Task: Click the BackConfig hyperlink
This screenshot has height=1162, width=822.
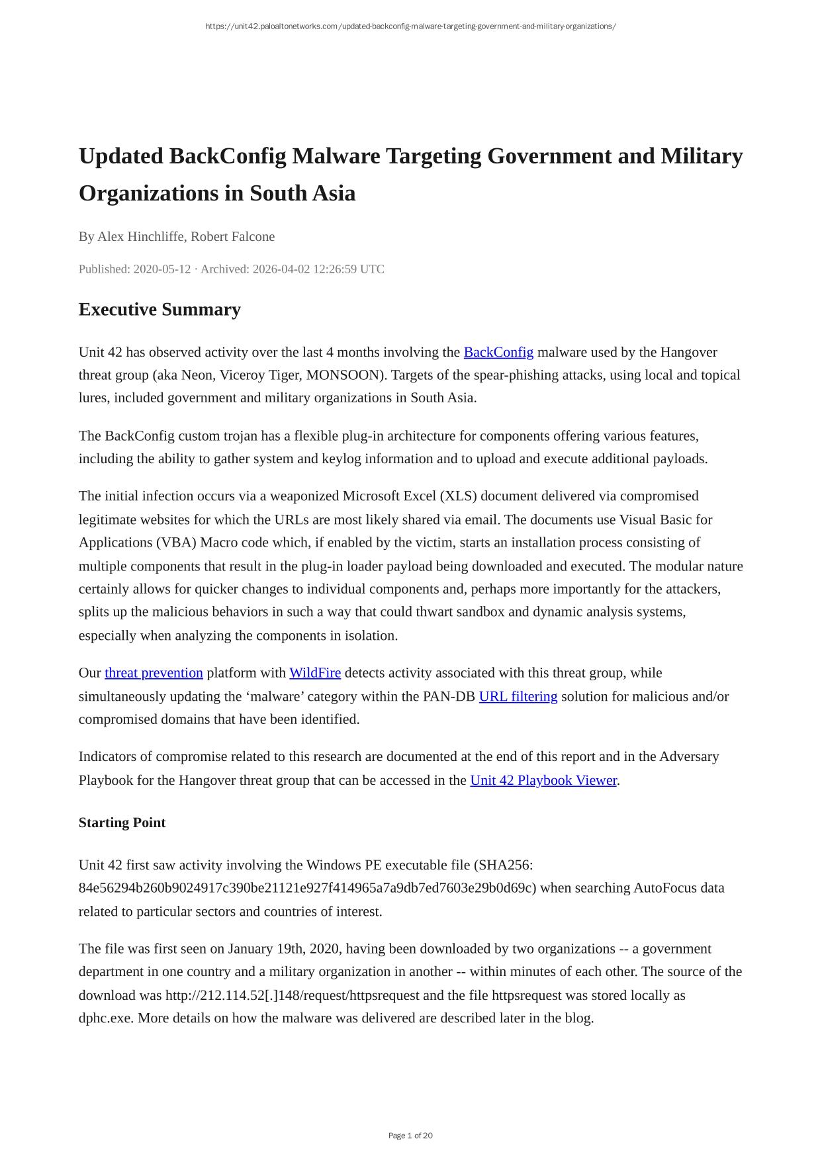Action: (x=498, y=352)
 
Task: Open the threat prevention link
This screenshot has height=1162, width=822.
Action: (x=154, y=673)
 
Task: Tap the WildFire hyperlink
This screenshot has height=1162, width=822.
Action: (x=315, y=673)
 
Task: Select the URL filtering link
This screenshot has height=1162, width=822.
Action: (x=518, y=696)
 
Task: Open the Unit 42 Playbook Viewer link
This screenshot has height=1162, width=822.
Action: (x=543, y=780)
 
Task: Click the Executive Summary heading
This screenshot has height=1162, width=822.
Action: (x=160, y=310)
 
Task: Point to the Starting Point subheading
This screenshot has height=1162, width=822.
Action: (x=122, y=823)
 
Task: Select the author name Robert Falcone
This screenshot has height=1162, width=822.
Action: (x=232, y=237)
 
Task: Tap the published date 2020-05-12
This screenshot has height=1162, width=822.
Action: (x=161, y=269)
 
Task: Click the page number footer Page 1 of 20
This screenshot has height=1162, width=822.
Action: (x=410, y=1136)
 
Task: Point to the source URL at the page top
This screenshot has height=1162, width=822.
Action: (x=410, y=26)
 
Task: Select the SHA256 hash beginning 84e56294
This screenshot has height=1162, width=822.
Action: (x=307, y=888)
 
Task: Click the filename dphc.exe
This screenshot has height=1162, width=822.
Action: (x=106, y=1018)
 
